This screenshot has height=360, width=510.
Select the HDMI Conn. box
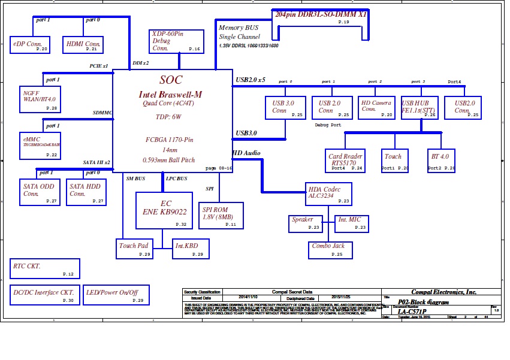coord(83,44)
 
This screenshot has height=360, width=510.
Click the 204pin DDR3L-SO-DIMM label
coord(321,13)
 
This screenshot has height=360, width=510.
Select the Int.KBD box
coord(191,249)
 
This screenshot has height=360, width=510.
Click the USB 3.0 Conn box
coord(285,107)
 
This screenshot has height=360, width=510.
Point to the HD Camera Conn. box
coord(376,107)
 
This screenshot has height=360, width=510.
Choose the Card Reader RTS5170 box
coord(346,161)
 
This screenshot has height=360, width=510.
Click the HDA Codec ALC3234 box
coord(328,193)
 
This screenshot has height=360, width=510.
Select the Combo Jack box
coord(330,250)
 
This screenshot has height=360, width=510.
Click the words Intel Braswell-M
coord(170,95)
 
